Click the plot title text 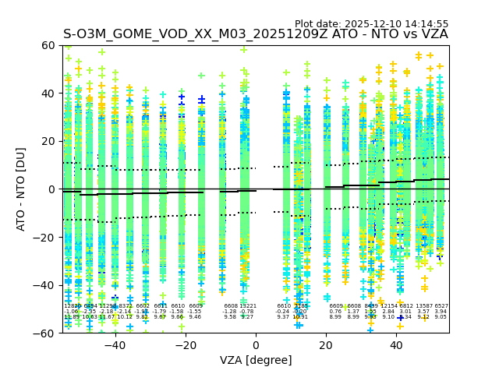(x=256, y=34)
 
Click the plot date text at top (x=371, y=24)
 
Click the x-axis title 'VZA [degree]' (x=256, y=361)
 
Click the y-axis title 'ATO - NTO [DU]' (x=21, y=189)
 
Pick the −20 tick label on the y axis (x=48, y=238)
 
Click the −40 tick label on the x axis (x=115, y=346)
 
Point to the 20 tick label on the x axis (x=327, y=346)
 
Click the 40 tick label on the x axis (x=397, y=346)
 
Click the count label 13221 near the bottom (x=247, y=306)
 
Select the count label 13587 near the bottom (x=423, y=306)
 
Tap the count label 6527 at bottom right (x=441, y=306)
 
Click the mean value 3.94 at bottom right (x=441, y=312)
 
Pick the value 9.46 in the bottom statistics (x=195, y=317)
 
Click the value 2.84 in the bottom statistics (x=388, y=312)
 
